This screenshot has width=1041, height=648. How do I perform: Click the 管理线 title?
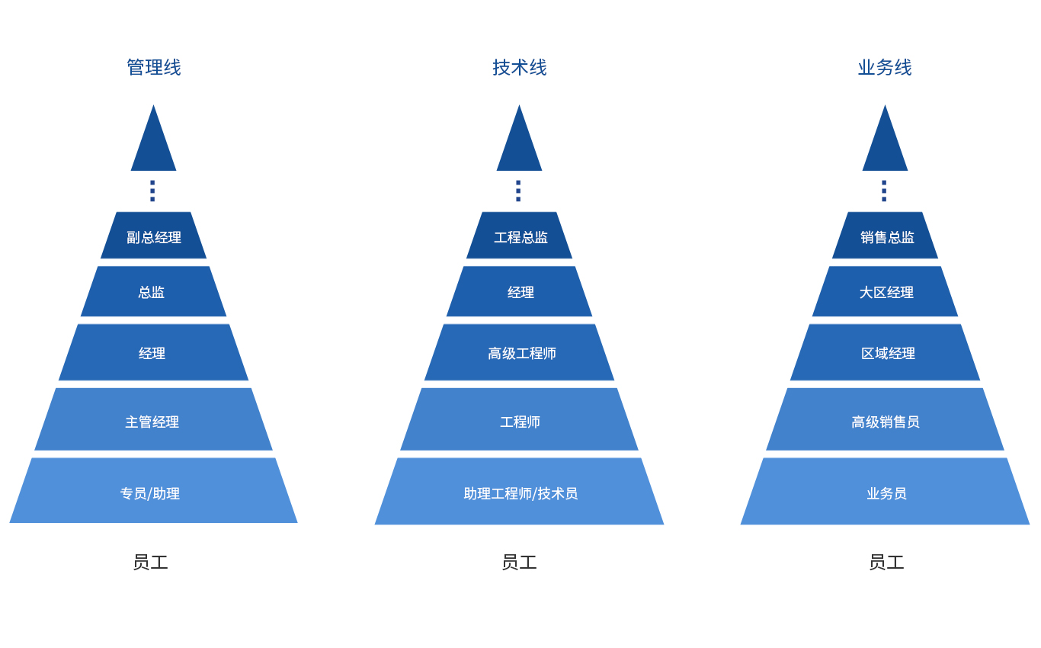pyautogui.click(x=153, y=68)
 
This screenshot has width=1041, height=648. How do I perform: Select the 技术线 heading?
pyautogui.click(x=519, y=68)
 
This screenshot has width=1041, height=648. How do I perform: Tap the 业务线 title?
pyautogui.click(x=885, y=68)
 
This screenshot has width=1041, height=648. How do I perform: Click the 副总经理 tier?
pyautogui.click(x=153, y=237)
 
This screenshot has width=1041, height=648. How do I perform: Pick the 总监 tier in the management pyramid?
pyautogui.click(x=152, y=292)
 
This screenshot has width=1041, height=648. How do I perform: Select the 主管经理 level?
pyautogui.click(x=152, y=422)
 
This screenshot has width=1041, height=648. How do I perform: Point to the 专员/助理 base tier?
pyautogui.click(x=150, y=493)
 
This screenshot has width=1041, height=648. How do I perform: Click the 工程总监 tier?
pyautogui.click(x=520, y=237)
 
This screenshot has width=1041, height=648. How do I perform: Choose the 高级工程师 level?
pyautogui.click(x=521, y=353)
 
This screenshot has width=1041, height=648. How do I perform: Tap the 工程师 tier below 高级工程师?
pyautogui.click(x=520, y=422)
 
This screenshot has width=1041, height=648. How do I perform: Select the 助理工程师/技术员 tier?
pyautogui.click(x=520, y=493)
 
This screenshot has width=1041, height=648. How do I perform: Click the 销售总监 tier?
pyautogui.click(x=887, y=237)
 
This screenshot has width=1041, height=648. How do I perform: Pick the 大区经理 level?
pyautogui.click(x=886, y=292)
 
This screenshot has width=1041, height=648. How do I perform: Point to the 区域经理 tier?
pyautogui.click(x=888, y=353)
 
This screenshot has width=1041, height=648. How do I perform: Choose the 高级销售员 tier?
pyautogui.click(x=886, y=422)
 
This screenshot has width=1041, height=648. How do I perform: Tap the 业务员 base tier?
pyautogui.click(x=886, y=493)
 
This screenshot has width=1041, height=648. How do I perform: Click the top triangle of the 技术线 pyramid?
pyautogui.click(x=519, y=145)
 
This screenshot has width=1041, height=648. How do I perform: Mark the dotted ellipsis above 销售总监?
pyautogui.click(x=884, y=191)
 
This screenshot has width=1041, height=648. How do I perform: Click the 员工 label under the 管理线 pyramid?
pyautogui.click(x=150, y=563)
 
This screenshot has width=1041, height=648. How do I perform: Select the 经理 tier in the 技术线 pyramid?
pyautogui.click(x=520, y=292)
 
